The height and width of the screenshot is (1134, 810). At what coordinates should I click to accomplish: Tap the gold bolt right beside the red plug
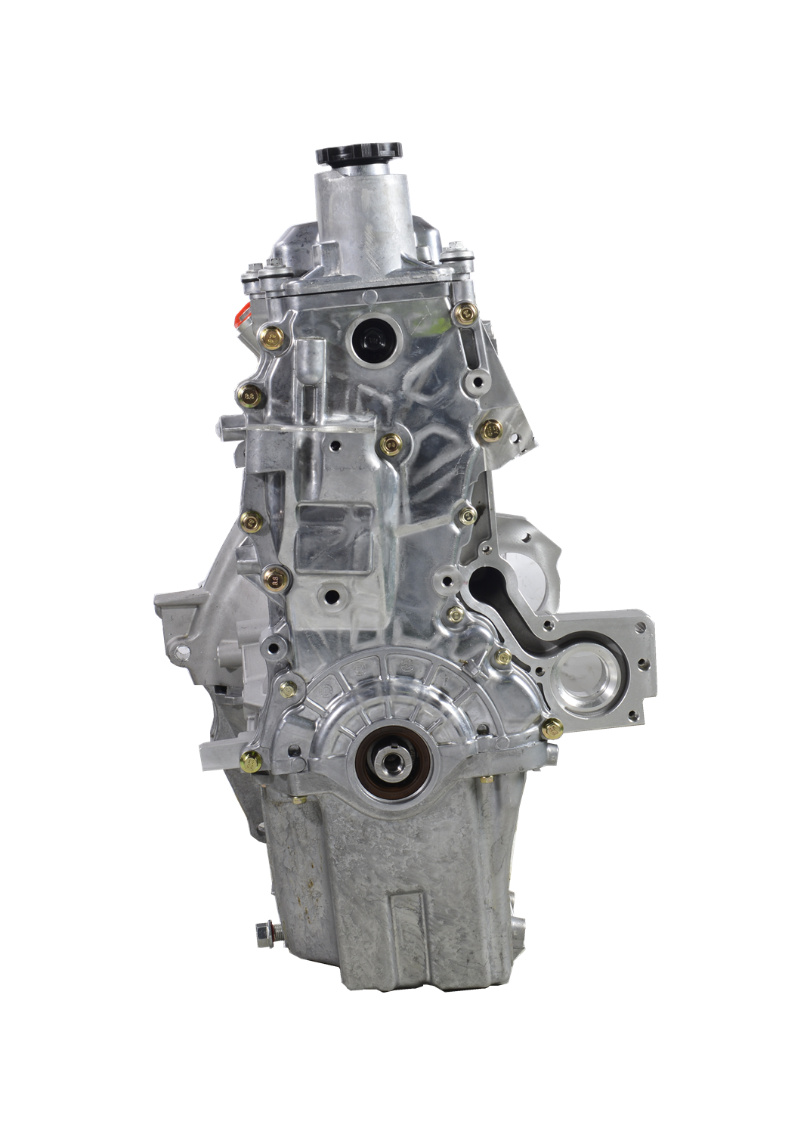[273, 334]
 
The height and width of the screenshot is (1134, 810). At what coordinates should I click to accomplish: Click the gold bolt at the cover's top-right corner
[466, 311]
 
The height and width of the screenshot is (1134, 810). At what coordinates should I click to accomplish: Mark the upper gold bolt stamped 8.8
[250, 393]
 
